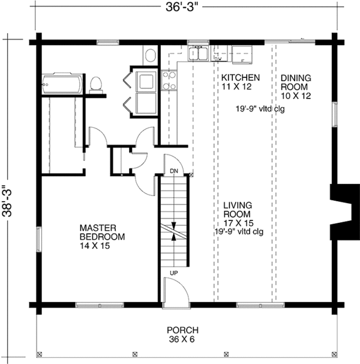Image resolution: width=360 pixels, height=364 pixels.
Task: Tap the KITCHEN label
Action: pos(241,77)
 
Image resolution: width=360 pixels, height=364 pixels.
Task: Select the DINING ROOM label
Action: pos(296,82)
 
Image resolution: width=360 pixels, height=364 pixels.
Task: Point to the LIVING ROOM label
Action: pos(238,210)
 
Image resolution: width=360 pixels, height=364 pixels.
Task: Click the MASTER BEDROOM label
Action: pos(102,232)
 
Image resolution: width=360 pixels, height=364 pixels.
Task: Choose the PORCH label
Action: pos(183,330)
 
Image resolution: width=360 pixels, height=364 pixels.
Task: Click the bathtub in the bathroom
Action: pos(62,83)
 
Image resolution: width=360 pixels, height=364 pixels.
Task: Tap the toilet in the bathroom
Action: pos(96,85)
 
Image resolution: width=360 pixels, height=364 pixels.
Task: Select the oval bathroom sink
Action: pos(151,55)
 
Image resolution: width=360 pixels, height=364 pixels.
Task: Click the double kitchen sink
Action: pos(198,53)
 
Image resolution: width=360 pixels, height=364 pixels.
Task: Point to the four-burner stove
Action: pos(169,80)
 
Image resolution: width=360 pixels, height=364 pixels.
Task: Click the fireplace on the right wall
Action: pos(344,211)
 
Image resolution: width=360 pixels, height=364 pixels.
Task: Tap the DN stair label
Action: pos(174,171)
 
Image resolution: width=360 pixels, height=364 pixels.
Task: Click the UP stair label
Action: pos(174,273)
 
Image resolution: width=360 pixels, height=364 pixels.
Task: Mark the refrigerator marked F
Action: pos(242,55)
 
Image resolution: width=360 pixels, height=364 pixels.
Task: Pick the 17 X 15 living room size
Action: pos(238,223)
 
